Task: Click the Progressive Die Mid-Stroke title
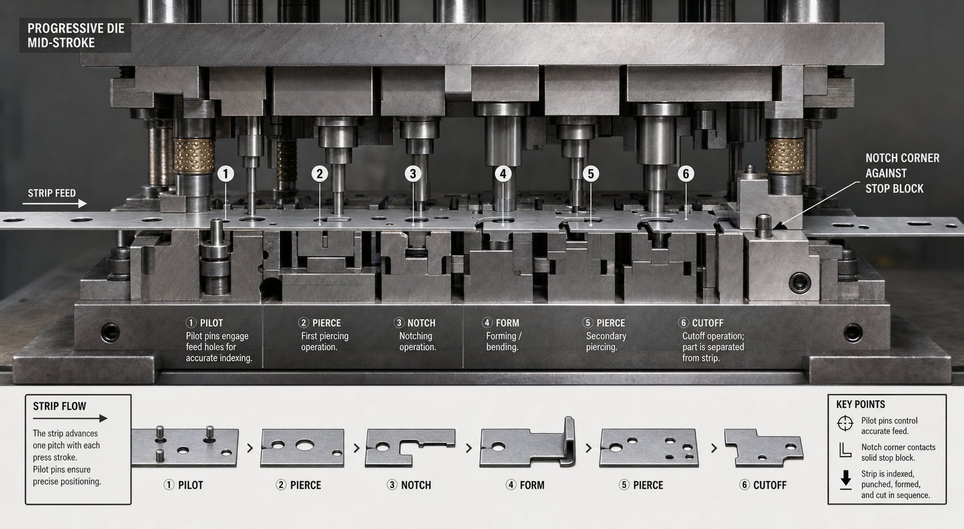(x=76, y=36)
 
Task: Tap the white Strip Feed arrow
(x=55, y=204)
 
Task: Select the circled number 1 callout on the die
(x=225, y=174)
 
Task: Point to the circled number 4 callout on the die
(x=503, y=174)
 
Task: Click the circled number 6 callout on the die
(x=686, y=174)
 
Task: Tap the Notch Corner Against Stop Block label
(x=902, y=173)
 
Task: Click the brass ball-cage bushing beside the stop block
(x=784, y=156)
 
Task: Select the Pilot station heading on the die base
(x=204, y=323)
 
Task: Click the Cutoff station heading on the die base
(x=700, y=323)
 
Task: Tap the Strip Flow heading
(x=59, y=406)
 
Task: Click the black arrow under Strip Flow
(x=69, y=419)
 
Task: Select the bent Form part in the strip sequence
(x=528, y=442)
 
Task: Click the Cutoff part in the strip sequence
(x=764, y=448)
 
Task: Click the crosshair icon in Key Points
(x=845, y=423)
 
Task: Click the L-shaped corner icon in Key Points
(x=845, y=450)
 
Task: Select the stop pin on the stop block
(x=764, y=226)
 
